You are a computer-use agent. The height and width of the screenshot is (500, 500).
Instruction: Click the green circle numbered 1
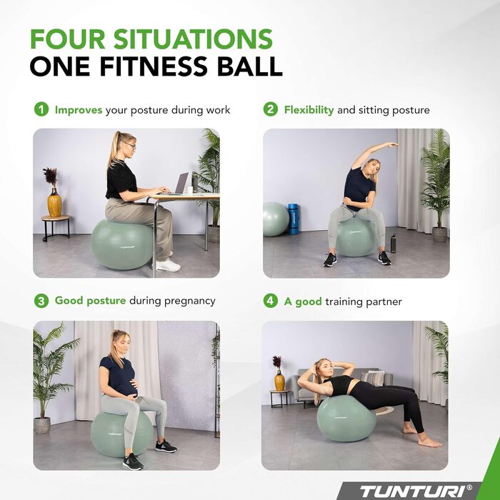[41, 109]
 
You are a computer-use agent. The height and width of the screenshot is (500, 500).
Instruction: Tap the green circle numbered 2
[271, 109]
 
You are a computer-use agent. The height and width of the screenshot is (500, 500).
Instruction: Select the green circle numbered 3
[41, 301]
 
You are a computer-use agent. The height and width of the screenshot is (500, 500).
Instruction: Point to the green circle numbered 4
[271, 301]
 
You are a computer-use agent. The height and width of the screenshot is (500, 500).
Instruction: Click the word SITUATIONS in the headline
[193, 39]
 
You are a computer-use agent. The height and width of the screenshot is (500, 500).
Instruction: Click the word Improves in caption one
[79, 110]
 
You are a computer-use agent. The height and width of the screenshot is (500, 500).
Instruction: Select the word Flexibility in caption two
[309, 110]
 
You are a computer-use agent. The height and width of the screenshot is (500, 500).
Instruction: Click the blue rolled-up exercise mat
[294, 219]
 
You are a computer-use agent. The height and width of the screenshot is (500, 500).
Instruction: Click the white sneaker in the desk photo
[168, 266]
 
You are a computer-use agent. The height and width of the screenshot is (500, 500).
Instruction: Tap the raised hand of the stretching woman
[392, 145]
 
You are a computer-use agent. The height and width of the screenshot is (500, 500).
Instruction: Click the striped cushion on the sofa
[372, 379]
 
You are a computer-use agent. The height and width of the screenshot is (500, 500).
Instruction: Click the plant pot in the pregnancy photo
[42, 426]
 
